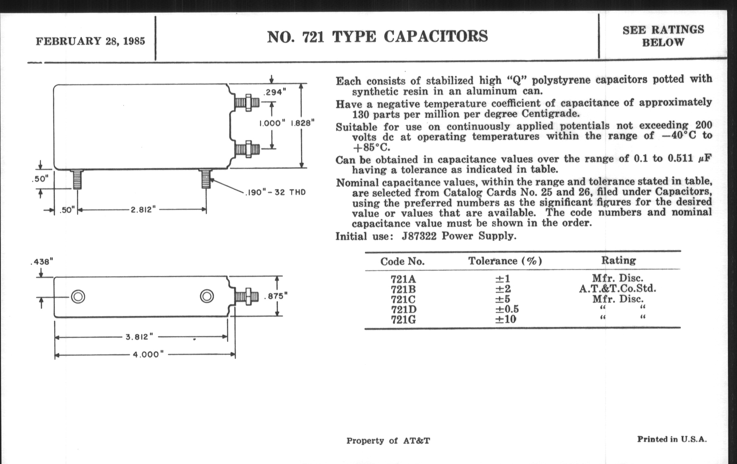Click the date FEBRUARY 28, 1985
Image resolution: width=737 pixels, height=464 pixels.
click(x=90, y=41)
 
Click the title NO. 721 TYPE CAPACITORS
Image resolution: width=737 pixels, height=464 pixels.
click(x=377, y=37)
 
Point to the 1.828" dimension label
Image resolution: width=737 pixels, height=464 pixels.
click(x=302, y=123)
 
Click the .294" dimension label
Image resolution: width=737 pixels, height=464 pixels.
click(x=275, y=92)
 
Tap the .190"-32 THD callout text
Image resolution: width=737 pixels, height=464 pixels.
click(x=275, y=192)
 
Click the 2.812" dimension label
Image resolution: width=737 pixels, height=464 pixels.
click(x=143, y=210)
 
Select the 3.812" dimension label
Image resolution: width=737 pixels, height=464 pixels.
click(x=139, y=337)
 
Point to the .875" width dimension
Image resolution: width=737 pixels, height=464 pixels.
click(x=276, y=296)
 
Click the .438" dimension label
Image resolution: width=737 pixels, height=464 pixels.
click(x=42, y=262)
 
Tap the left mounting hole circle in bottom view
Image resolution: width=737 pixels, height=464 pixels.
click(x=78, y=297)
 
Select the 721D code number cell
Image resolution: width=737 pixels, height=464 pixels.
click(x=403, y=309)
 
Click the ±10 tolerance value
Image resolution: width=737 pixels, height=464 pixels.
click(x=505, y=319)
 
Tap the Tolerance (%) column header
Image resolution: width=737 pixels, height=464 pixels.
click(x=505, y=261)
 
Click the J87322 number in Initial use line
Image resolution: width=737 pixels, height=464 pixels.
click(x=419, y=236)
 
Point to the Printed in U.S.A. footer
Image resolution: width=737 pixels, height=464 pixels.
click(x=672, y=439)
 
